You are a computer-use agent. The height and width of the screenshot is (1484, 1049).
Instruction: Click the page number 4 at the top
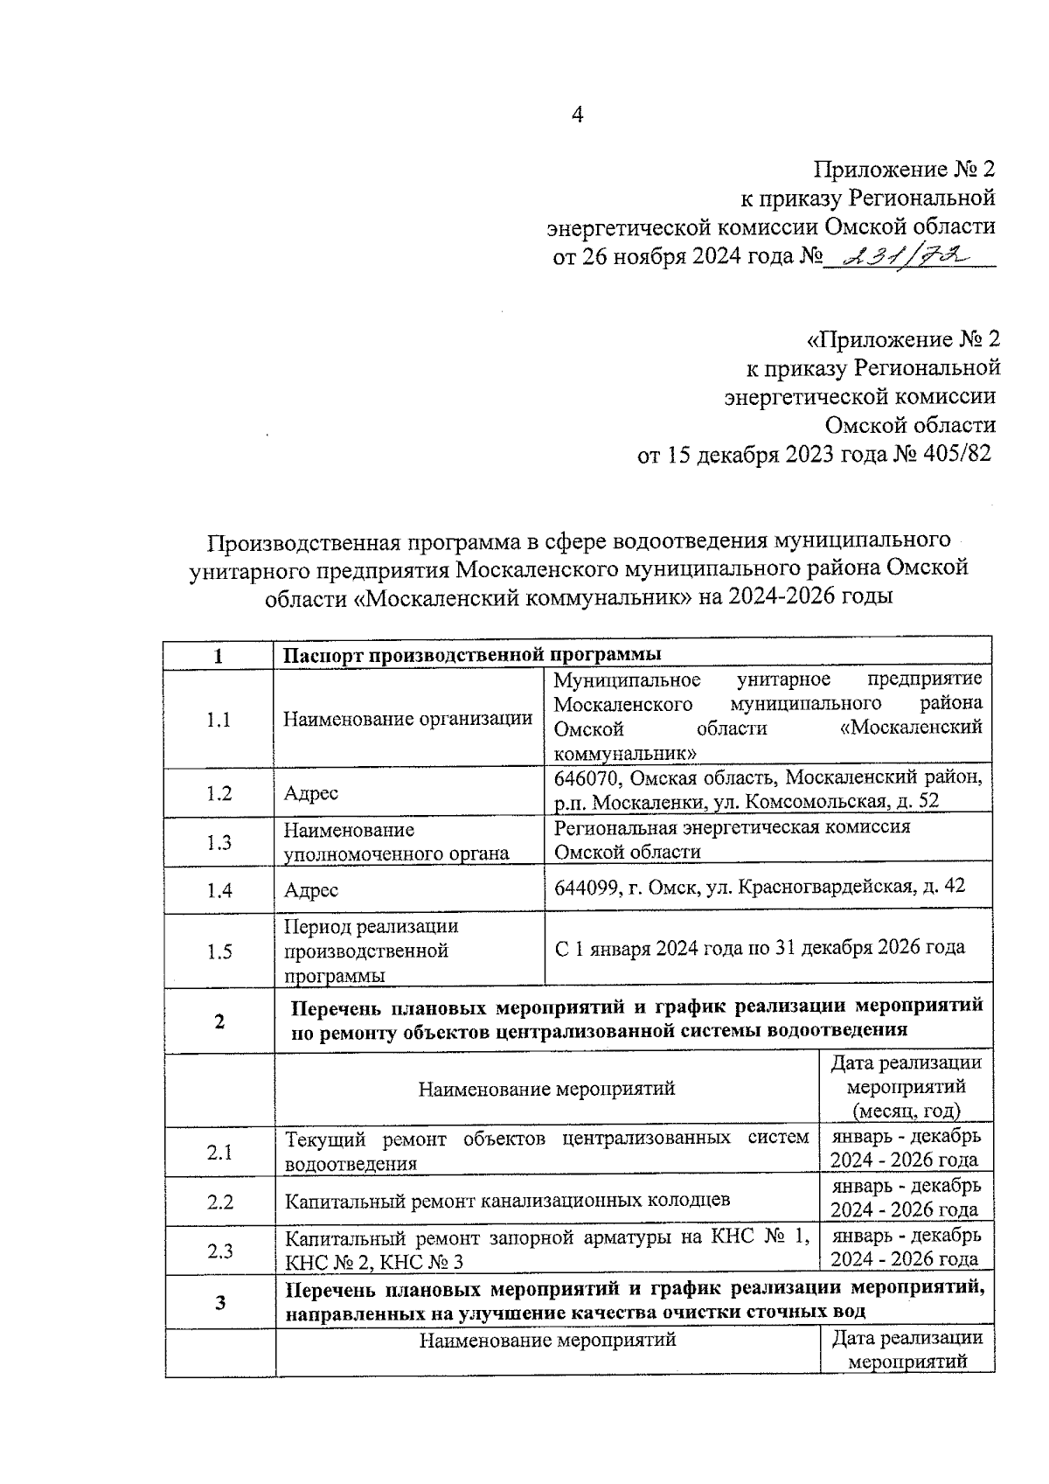click(x=577, y=115)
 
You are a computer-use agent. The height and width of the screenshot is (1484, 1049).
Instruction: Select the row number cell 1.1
click(x=219, y=720)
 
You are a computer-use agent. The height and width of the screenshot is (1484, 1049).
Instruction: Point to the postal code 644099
click(x=587, y=887)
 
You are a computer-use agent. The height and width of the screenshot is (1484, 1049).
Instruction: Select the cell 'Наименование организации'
click(x=407, y=719)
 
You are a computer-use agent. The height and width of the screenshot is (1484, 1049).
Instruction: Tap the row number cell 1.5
click(x=219, y=951)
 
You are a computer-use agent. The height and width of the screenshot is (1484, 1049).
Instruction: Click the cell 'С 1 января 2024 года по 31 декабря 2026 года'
click(x=760, y=947)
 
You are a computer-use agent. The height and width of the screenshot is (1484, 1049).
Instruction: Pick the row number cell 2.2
click(x=219, y=1202)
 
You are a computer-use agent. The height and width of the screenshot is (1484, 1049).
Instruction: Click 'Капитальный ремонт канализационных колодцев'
click(x=507, y=1201)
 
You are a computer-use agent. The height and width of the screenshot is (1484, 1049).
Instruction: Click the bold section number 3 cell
click(x=220, y=1303)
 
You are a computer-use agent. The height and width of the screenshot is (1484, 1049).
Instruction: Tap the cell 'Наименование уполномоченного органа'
click(x=396, y=841)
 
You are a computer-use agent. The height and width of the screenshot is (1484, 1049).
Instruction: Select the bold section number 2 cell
click(x=219, y=1021)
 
